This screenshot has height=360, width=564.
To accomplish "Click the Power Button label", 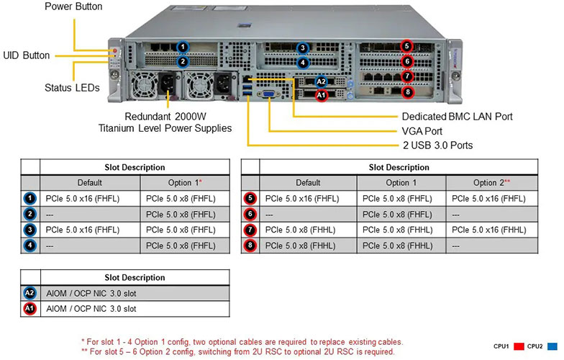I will (73, 6).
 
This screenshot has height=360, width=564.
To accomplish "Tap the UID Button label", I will (26, 55).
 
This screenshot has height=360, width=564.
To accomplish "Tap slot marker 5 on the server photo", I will (407, 47).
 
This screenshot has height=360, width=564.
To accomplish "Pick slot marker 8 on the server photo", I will (407, 92).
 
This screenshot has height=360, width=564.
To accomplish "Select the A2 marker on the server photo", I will (322, 82).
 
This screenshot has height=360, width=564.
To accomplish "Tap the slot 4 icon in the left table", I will (29, 246).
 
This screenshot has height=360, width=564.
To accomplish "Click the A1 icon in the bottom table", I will (29, 309).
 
